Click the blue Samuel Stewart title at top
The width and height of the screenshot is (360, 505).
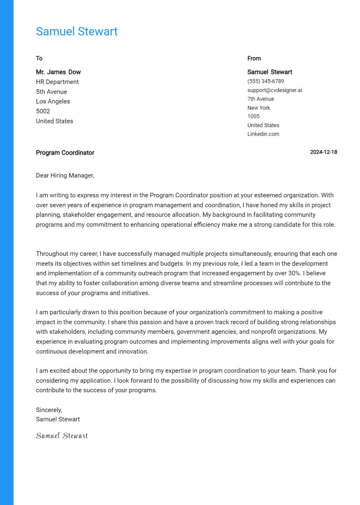pos(77,32)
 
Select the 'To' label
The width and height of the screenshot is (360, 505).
pos(39,59)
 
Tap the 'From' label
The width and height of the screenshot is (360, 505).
pos(254,59)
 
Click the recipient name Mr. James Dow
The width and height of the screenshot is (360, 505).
pos(58,72)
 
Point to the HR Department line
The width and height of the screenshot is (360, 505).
pos(57,82)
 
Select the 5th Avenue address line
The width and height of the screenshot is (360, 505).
pos(51,92)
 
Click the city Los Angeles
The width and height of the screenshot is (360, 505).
pos(53,101)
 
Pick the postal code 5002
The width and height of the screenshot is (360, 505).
pos(43,111)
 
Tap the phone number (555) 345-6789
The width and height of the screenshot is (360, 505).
pos(265,81)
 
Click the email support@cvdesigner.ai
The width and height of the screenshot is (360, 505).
pos(274,90)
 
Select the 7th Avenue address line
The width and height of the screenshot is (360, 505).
pos(260,99)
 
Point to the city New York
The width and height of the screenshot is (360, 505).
pos(258,108)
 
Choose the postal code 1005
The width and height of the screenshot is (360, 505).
pos(253,116)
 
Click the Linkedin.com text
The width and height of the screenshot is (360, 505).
pos(263,134)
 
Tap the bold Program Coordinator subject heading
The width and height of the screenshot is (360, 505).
pos(65,153)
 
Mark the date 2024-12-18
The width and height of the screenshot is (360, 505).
pos(324,152)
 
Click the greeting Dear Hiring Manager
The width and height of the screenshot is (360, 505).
pos(65,176)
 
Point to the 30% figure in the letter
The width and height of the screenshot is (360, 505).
pos(294,273)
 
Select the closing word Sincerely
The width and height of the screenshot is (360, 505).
pos(49,410)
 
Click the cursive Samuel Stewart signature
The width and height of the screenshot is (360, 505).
pos(62,436)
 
